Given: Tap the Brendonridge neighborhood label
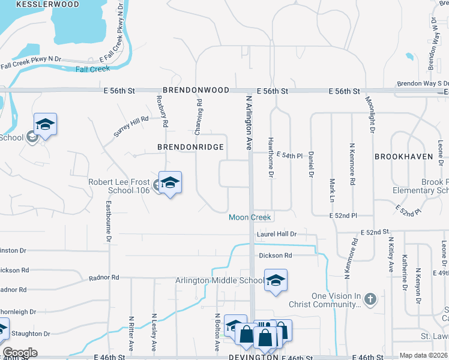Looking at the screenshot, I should [190, 147].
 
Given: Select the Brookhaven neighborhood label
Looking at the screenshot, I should [403, 156].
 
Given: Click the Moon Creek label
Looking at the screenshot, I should [250, 217].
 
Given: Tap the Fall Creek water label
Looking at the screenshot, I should [92, 69].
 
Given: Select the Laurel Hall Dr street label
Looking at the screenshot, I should [277, 234].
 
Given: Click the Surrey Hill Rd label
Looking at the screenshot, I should [130, 127].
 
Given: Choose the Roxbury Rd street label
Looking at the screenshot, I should [160, 112].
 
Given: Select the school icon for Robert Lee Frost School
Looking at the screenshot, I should [170, 183].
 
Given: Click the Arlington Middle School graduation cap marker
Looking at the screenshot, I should [276, 280].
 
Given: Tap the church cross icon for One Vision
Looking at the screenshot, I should [370, 298].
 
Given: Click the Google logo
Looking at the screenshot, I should [20, 353].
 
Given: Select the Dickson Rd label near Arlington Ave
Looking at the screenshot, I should [276, 256].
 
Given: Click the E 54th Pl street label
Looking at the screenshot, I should [292, 155].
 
